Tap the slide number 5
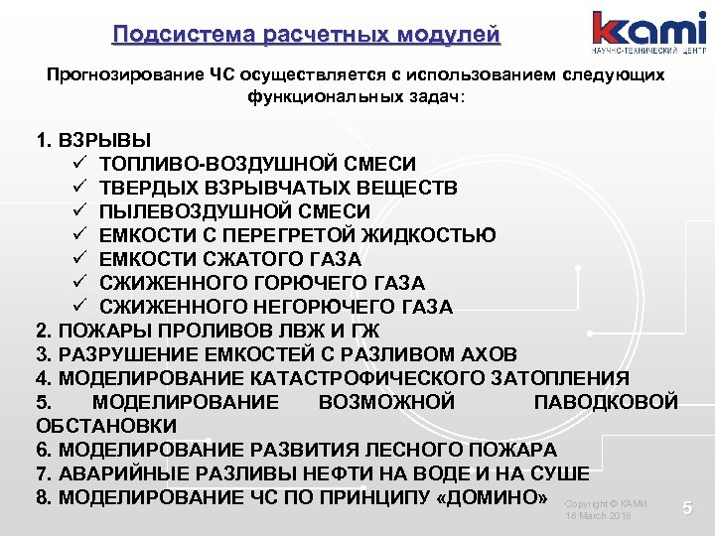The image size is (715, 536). tap(687, 509)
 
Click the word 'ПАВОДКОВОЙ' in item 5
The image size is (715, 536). tap(606, 402)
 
